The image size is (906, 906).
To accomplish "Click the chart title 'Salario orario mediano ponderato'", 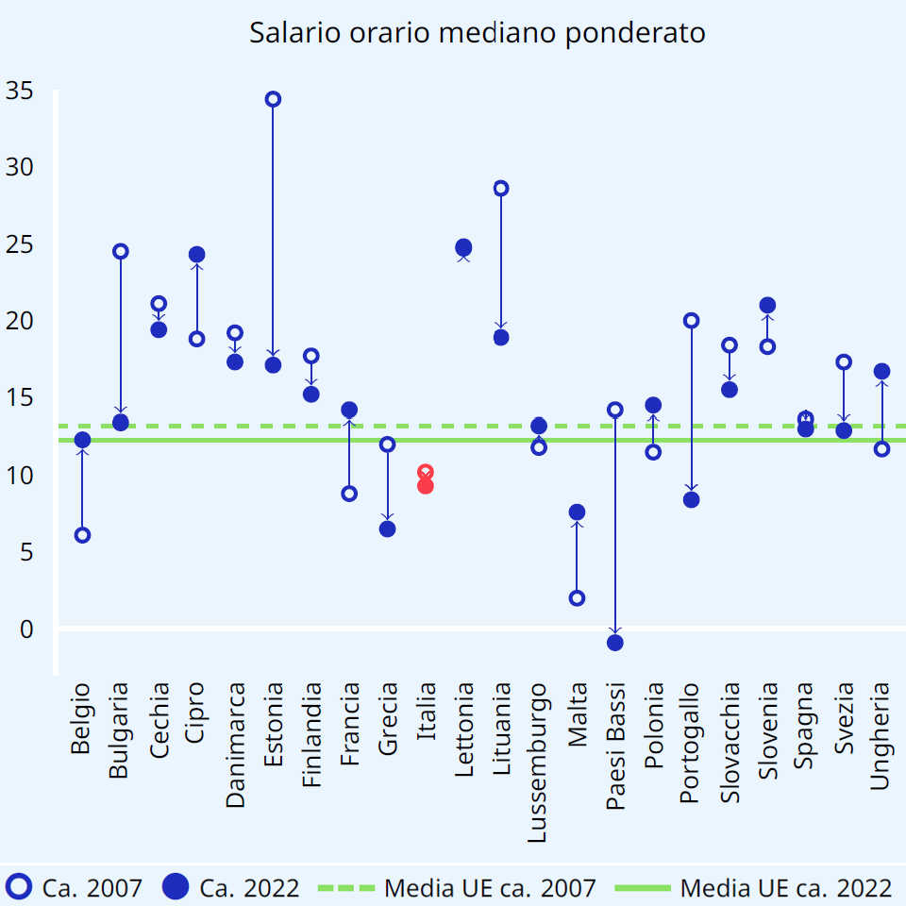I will (478, 33).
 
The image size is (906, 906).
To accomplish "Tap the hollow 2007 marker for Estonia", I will (273, 99).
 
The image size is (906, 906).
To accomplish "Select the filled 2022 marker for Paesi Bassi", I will (615, 643).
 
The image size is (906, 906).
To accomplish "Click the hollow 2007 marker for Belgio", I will (82, 535).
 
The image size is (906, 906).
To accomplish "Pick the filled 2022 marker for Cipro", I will (197, 255).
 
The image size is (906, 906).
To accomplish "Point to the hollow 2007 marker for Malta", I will (577, 597).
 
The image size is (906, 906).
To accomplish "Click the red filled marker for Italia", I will (426, 486).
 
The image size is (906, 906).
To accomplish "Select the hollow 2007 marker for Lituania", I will (501, 188).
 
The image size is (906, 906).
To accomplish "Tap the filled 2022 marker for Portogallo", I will (691, 499).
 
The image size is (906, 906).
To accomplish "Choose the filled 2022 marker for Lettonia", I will (463, 247).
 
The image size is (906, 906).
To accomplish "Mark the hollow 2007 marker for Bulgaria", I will (121, 251).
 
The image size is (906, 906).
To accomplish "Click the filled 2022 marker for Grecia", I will (387, 528).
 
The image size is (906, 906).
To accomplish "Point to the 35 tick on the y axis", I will (20, 91).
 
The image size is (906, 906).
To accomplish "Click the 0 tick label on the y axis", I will (26, 629).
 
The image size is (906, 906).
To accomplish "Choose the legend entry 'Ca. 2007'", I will (75, 887).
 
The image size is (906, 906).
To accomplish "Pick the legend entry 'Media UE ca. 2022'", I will (755, 887).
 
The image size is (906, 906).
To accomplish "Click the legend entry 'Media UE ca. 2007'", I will (459, 887).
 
